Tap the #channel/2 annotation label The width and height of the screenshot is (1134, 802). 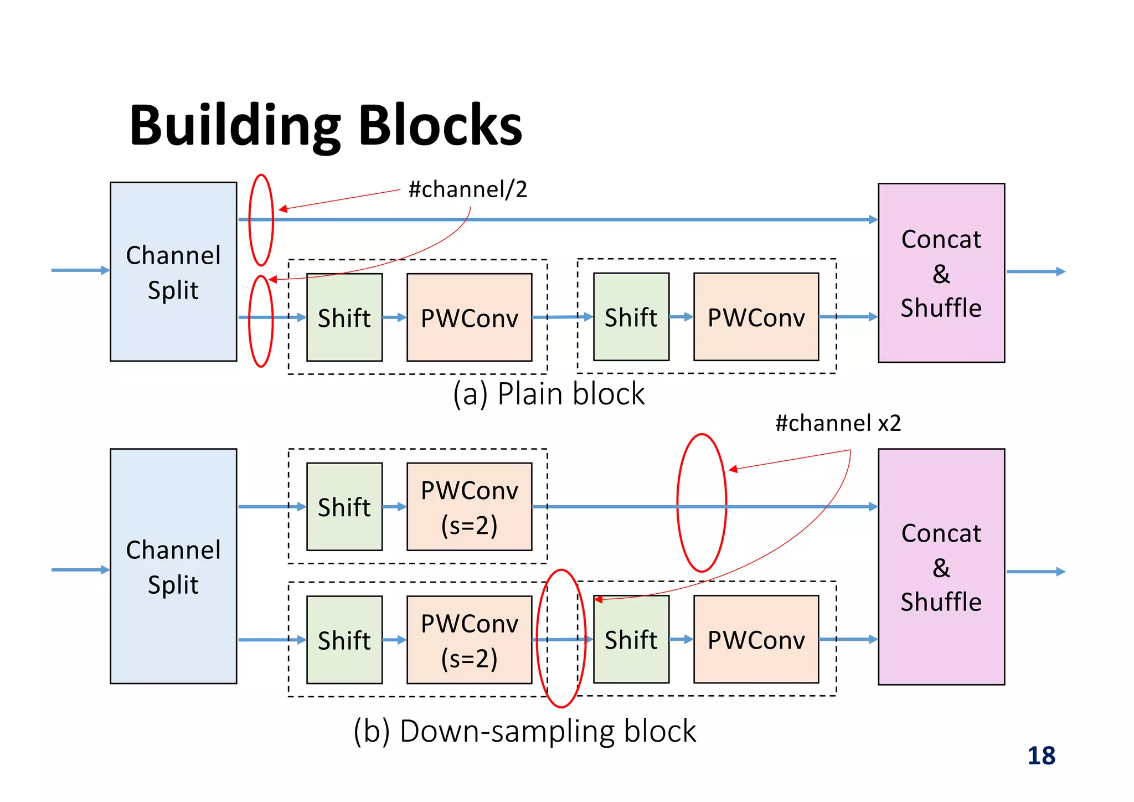click(x=468, y=189)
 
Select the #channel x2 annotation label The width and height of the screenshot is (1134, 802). click(x=838, y=423)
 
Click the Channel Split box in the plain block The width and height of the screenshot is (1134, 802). click(x=173, y=271)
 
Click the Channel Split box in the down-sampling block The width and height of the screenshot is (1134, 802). click(x=173, y=566)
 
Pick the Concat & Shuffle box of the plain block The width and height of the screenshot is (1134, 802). click(x=941, y=273)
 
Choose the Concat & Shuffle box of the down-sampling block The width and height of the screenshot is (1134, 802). click(x=941, y=567)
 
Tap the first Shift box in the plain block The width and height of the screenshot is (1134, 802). click(x=344, y=317)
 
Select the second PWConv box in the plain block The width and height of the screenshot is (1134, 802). click(x=756, y=317)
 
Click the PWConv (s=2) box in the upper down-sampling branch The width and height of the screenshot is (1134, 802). click(x=469, y=507)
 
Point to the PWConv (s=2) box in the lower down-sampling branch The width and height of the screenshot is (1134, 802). click(x=469, y=640)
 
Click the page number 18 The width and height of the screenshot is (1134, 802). click(x=1041, y=756)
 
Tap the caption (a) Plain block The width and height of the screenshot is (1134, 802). click(x=548, y=394)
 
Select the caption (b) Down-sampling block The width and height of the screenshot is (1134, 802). click(x=524, y=731)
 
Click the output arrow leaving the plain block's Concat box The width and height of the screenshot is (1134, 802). click(x=1035, y=271)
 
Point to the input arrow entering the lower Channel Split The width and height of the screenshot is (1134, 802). click(x=80, y=570)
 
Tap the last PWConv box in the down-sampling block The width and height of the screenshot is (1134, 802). click(x=756, y=639)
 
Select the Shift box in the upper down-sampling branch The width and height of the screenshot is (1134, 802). click(x=344, y=507)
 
